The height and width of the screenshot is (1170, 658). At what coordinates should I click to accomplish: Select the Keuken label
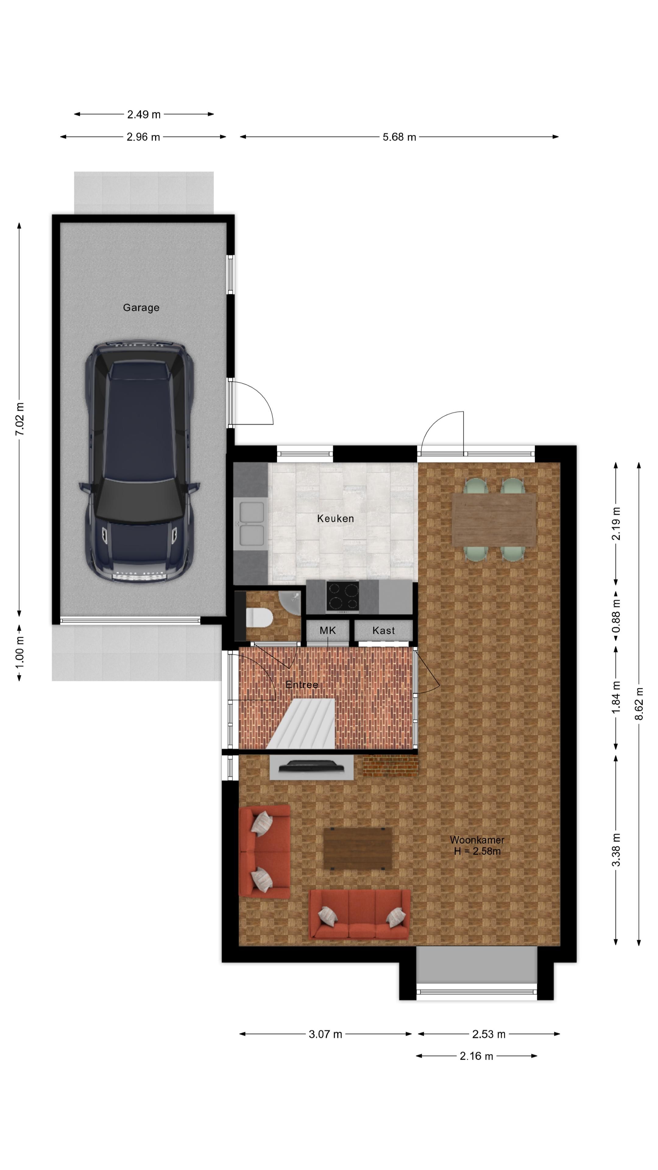point(335,518)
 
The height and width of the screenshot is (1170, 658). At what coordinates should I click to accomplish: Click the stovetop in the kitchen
point(342,596)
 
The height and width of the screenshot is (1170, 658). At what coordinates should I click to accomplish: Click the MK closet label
point(327,630)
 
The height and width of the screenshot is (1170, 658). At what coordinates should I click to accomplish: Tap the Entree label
point(302,684)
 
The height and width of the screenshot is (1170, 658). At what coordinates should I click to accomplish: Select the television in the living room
point(312,767)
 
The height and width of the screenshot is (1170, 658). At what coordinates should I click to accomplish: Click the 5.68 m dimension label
point(399,137)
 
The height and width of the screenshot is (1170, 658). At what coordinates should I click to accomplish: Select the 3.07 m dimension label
point(325,1034)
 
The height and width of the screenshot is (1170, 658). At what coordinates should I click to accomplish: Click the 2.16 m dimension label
point(476,1056)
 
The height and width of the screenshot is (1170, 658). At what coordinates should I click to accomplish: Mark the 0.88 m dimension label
point(616,616)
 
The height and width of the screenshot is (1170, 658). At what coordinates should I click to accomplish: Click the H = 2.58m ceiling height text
point(477,851)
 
